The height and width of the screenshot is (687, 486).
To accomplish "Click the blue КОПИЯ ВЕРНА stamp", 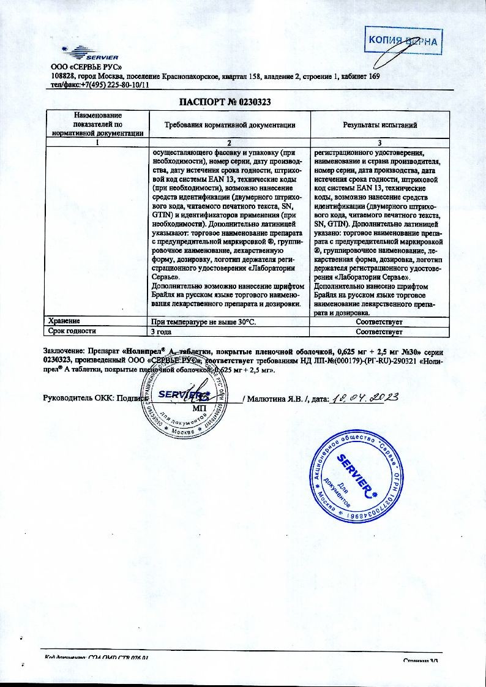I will pyautogui.click(x=403, y=41).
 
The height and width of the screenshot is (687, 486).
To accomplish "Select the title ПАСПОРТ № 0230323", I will pyautogui.click(x=225, y=102).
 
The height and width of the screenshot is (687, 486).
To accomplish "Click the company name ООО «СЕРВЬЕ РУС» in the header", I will pyautogui.click(x=86, y=67).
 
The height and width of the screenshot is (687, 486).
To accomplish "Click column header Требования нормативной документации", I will pyautogui.click(x=230, y=125).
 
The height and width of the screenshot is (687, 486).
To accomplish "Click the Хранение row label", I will pyautogui.click(x=64, y=321).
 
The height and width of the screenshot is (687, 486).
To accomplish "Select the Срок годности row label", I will pyautogui.click(x=72, y=331).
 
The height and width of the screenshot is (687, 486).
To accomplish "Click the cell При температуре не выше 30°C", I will pyautogui.click(x=202, y=321).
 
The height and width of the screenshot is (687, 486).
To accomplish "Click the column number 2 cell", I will pyautogui.click(x=230, y=142).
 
